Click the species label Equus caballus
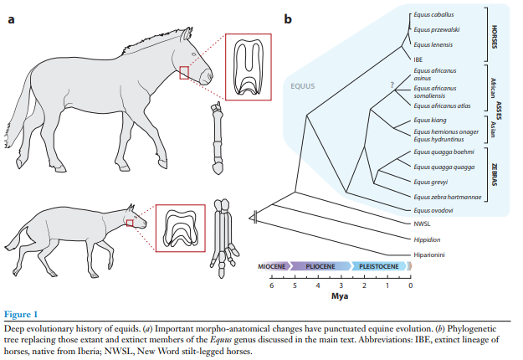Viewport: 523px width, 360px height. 432,15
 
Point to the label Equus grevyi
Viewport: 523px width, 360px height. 429,181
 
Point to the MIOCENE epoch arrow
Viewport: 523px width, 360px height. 273,266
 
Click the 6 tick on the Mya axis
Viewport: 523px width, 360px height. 271,285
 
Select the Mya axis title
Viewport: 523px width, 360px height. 340,296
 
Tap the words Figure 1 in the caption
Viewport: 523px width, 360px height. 23,315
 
